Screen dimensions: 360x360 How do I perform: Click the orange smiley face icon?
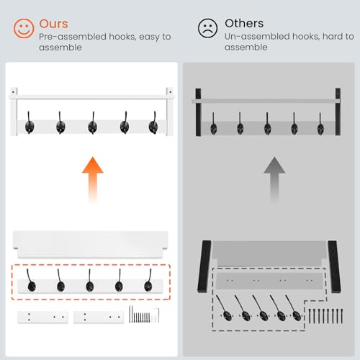(x=24, y=29)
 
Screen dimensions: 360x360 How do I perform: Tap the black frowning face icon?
(x=207, y=28)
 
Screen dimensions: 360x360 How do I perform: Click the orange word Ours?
(x=53, y=24)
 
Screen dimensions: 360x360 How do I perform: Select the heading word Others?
(x=244, y=23)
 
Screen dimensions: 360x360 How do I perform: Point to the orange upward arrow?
(x=93, y=179)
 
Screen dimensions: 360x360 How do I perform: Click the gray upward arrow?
(x=274, y=179)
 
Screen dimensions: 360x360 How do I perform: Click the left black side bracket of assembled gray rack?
(x=198, y=112)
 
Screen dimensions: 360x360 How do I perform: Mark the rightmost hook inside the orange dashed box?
(x=148, y=281)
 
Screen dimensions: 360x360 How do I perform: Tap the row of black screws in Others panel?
(x=325, y=315)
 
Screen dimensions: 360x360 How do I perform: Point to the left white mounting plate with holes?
(x=42, y=317)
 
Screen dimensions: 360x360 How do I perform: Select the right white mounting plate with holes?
(x=99, y=317)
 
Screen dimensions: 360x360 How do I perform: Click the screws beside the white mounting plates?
(x=144, y=315)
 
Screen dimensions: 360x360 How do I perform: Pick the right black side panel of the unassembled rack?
(x=334, y=266)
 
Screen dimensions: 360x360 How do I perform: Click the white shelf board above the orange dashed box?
(x=90, y=244)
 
